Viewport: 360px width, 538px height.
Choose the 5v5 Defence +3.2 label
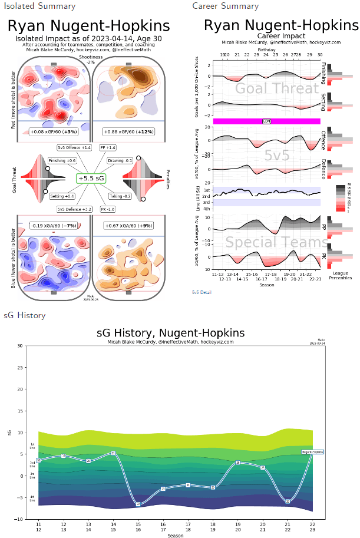tap(74, 209)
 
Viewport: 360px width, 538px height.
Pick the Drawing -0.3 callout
tap(120, 161)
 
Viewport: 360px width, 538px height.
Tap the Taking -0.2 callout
tap(120, 196)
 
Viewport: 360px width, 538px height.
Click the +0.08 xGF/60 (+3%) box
tap(53, 131)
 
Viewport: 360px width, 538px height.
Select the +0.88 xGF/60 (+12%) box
tap(128, 131)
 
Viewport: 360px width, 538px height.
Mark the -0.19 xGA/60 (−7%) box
tap(53, 225)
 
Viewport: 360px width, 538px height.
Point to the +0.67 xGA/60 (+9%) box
tap(128, 225)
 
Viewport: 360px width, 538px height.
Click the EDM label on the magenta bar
tap(266, 121)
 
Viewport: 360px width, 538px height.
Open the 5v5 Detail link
tap(202, 292)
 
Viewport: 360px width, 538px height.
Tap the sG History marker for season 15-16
tap(138, 504)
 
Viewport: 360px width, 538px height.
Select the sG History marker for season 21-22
tap(288, 501)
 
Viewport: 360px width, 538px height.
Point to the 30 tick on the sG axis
tap(19, 346)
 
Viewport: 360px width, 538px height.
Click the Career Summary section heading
tap(225, 6)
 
